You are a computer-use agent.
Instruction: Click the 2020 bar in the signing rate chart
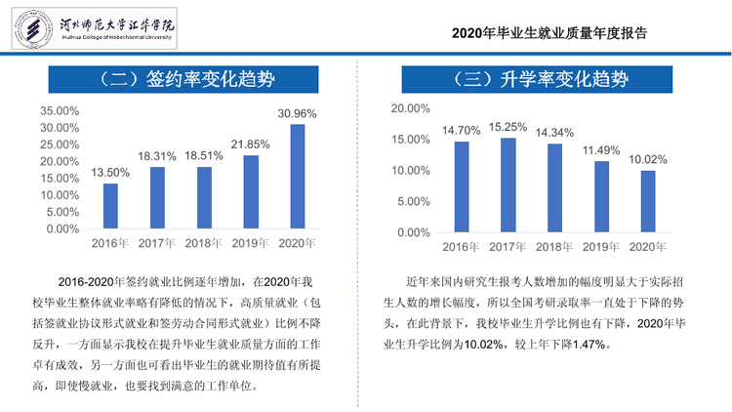[298, 177]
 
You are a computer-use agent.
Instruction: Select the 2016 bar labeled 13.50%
[110, 206]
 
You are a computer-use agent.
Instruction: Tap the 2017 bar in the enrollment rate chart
[508, 185]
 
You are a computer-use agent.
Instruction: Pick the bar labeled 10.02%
[648, 201]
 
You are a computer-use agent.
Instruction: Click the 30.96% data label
[297, 114]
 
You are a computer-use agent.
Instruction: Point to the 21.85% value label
[250, 144]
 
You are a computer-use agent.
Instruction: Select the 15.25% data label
[508, 127]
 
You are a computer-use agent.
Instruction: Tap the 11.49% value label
[601, 150]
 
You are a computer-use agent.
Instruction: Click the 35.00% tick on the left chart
[60, 111]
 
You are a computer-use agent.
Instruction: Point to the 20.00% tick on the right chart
[410, 108]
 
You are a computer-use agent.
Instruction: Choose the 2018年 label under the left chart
[204, 243]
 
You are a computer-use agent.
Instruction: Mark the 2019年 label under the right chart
[601, 247]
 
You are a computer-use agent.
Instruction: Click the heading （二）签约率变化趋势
[183, 79]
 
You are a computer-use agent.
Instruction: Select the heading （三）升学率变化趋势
[538, 79]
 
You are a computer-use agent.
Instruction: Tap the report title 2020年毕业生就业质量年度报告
[549, 33]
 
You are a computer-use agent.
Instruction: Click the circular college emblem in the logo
[33, 28]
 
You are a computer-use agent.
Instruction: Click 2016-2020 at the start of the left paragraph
[86, 282]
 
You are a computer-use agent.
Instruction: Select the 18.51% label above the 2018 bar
[204, 156]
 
